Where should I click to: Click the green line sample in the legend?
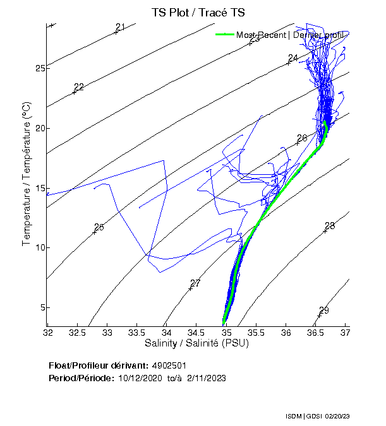click(226, 35)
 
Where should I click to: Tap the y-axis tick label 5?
click(42, 307)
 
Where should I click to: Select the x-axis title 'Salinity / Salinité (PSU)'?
click(196, 343)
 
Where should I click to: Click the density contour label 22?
click(79, 87)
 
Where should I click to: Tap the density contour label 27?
click(195, 283)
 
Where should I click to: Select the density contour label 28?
click(330, 226)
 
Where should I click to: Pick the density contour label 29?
click(324, 311)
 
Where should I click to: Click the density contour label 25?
click(99, 227)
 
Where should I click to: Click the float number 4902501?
click(169, 365)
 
